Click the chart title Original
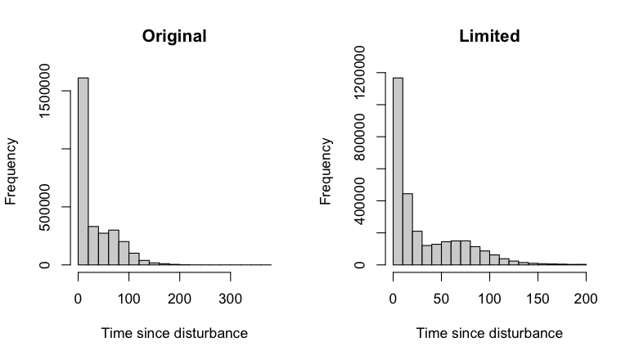[173, 36]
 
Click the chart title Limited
[489, 36]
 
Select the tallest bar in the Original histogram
[83, 171]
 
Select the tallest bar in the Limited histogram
[398, 171]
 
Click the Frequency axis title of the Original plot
[11, 171]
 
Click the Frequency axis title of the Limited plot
[326, 171]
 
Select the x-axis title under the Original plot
[173, 334]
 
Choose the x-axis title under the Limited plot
[489, 334]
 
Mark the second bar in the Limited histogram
[407, 229]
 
